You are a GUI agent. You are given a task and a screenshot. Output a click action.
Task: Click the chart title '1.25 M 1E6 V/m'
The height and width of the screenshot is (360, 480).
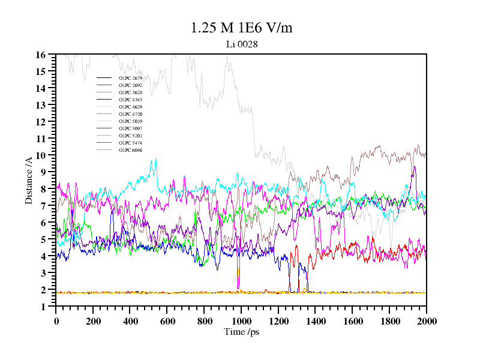point(241,28)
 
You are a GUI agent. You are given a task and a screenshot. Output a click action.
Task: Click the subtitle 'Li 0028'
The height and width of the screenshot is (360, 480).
point(241,44)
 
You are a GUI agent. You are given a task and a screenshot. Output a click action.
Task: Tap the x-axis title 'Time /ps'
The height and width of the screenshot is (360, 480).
point(241,332)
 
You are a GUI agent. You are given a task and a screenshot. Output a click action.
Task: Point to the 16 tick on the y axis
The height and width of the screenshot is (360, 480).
point(41,55)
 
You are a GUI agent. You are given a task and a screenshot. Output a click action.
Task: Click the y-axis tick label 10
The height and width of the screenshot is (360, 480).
point(41,155)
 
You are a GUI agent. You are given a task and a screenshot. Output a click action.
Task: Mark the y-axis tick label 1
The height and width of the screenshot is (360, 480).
point(43,307)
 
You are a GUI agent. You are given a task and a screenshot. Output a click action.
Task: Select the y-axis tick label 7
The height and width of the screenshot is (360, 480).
point(43,206)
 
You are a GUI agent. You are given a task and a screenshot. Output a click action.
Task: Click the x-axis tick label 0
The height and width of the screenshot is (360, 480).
point(56,321)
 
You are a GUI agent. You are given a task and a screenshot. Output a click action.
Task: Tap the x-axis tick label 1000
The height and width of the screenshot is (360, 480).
point(241,321)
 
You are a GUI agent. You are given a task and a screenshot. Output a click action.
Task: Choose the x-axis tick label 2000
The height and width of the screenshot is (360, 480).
point(426,321)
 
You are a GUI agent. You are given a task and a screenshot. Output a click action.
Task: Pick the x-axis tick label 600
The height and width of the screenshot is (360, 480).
point(167,321)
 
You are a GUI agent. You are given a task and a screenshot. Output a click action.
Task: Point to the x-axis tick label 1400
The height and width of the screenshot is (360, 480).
point(315,321)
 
